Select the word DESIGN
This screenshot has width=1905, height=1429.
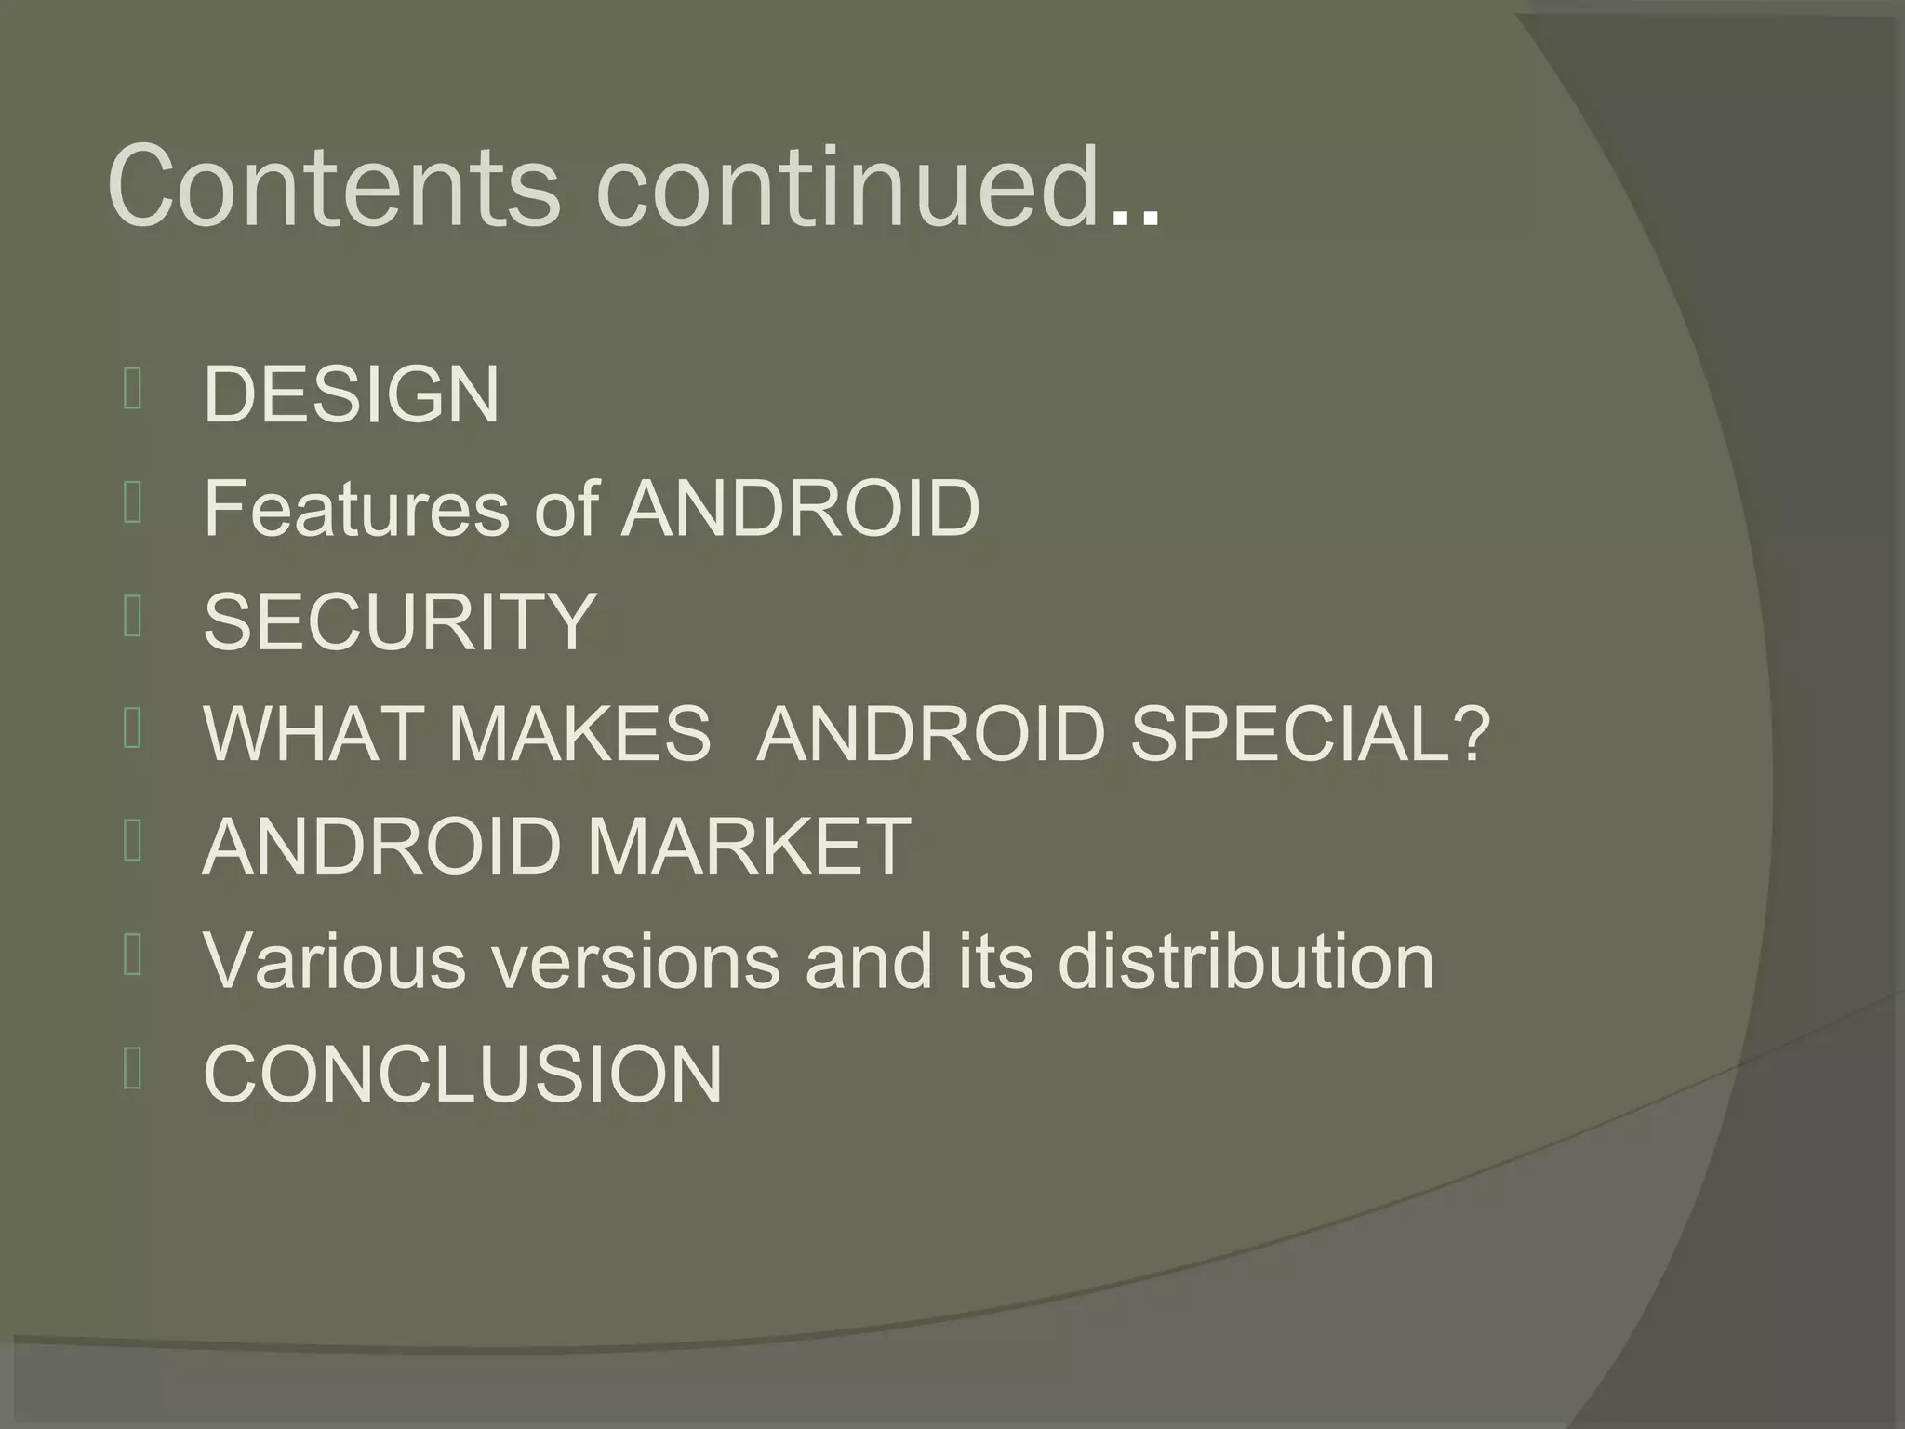[352, 394]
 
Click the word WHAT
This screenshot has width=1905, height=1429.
[314, 734]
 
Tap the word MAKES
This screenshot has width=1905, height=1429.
[579, 734]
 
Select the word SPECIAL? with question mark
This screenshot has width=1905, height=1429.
[1310, 734]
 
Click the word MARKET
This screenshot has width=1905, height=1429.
[749, 847]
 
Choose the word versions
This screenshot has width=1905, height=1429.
[635, 960]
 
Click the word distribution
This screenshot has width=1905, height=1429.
[1246, 960]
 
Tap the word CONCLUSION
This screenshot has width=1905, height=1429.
[462, 1074]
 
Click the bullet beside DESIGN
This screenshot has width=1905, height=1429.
[132, 391]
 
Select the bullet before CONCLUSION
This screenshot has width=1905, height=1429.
[132, 1070]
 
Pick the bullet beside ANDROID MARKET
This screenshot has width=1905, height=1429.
[132, 843]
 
